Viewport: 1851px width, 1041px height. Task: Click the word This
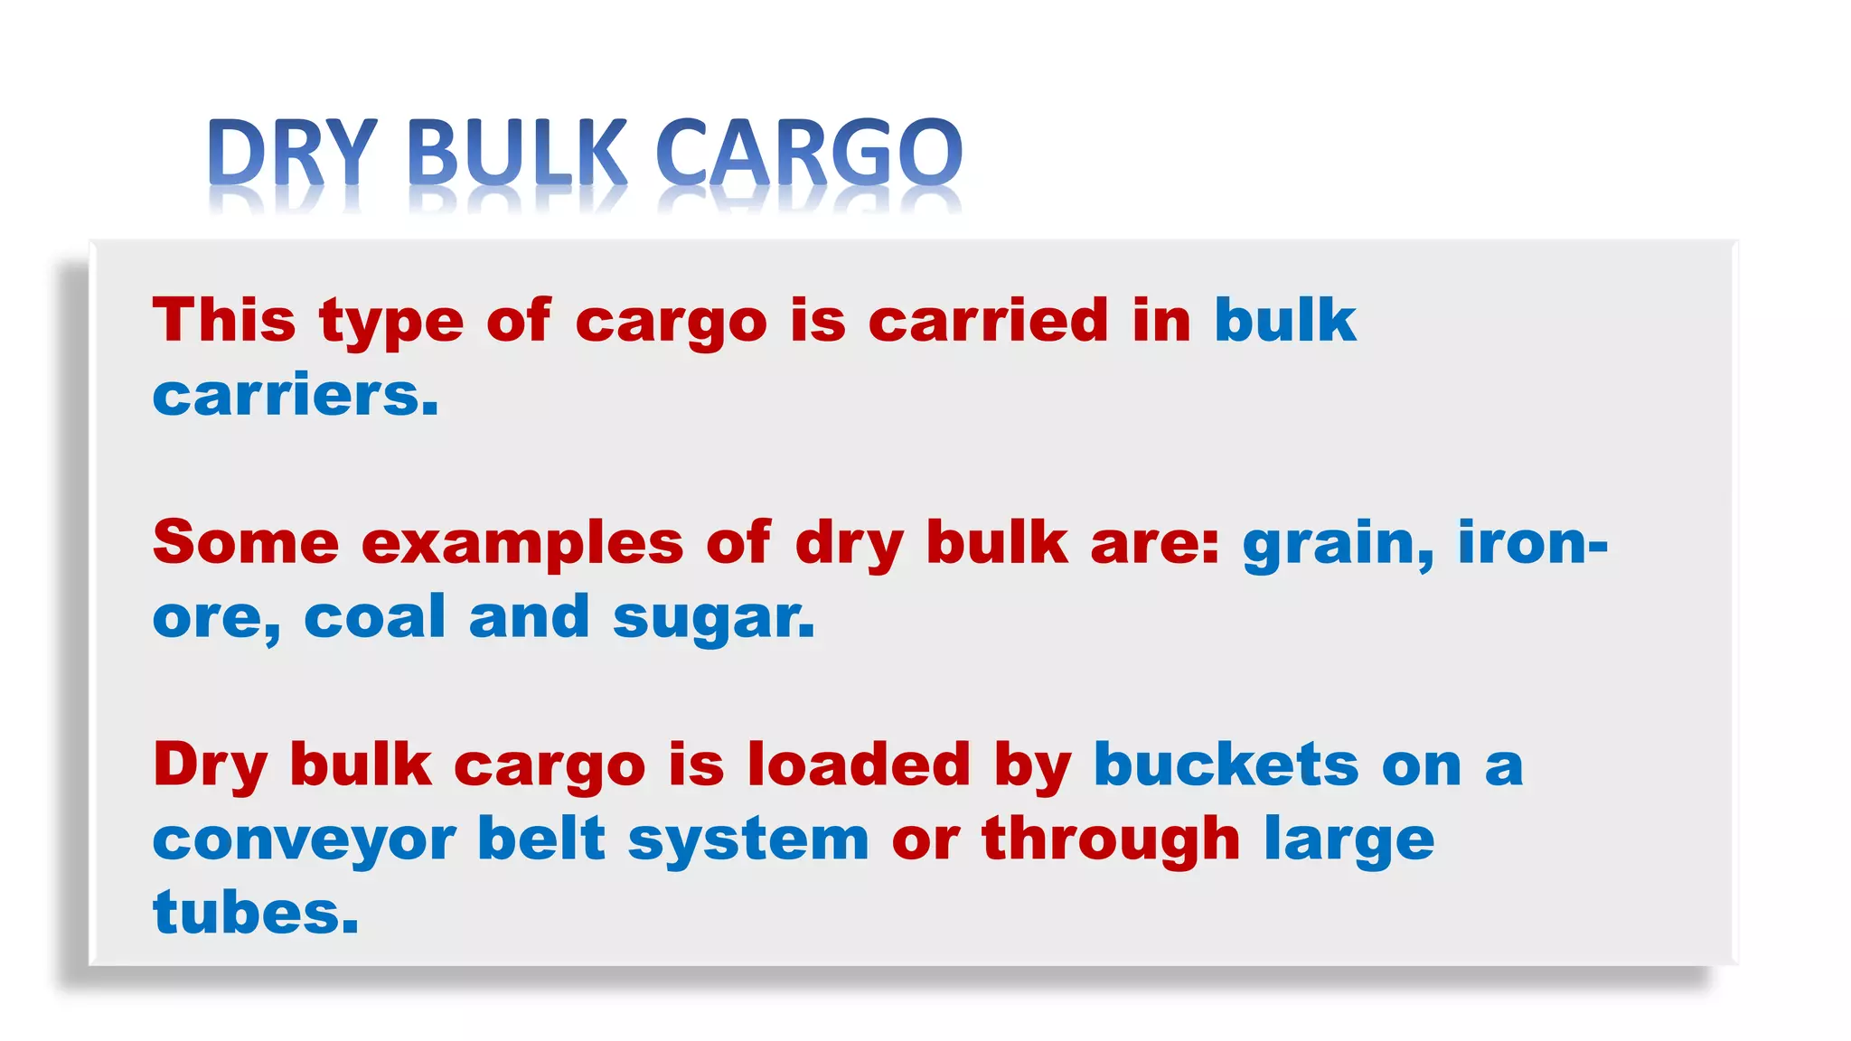pyautogui.click(x=224, y=320)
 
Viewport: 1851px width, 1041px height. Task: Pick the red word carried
pyautogui.click(x=988, y=320)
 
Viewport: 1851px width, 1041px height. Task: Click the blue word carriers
pyautogui.click(x=296, y=395)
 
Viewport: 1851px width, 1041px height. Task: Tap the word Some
pyautogui.click(x=246, y=542)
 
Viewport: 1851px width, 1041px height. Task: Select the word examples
pyautogui.click(x=522, y=544)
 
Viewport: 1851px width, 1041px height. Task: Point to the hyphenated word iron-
pyautogui.click(x=1533, y=542)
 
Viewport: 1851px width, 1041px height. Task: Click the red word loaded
pyautogui.click(x=859, y=764)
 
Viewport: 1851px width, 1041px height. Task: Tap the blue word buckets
pyautogui.click(x=1226, y=764)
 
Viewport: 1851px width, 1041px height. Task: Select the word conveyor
pyautogui.click(x=305, y=840)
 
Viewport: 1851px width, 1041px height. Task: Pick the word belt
pyautogui.click(x=540, y=839)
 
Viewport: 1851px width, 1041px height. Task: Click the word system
pyautogui.click(x=748, y=840)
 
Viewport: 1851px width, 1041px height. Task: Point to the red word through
pyautogui.click(x=1111, y=840)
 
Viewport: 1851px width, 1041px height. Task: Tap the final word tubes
pyautogui.click(x=256, y=913)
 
